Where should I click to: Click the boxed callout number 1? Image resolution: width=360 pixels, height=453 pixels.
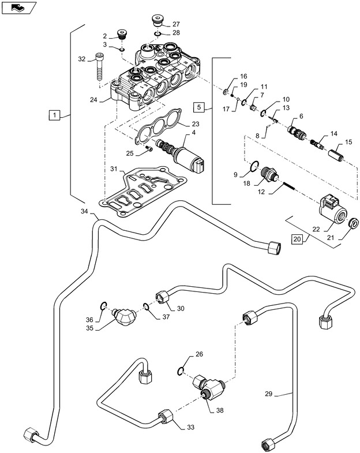tap(54, 115)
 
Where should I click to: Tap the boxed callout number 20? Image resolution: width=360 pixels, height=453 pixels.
tap(297, 239)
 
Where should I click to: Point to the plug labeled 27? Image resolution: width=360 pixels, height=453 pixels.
tap(157, 21)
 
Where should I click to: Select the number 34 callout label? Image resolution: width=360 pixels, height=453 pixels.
tap(85, 212)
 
